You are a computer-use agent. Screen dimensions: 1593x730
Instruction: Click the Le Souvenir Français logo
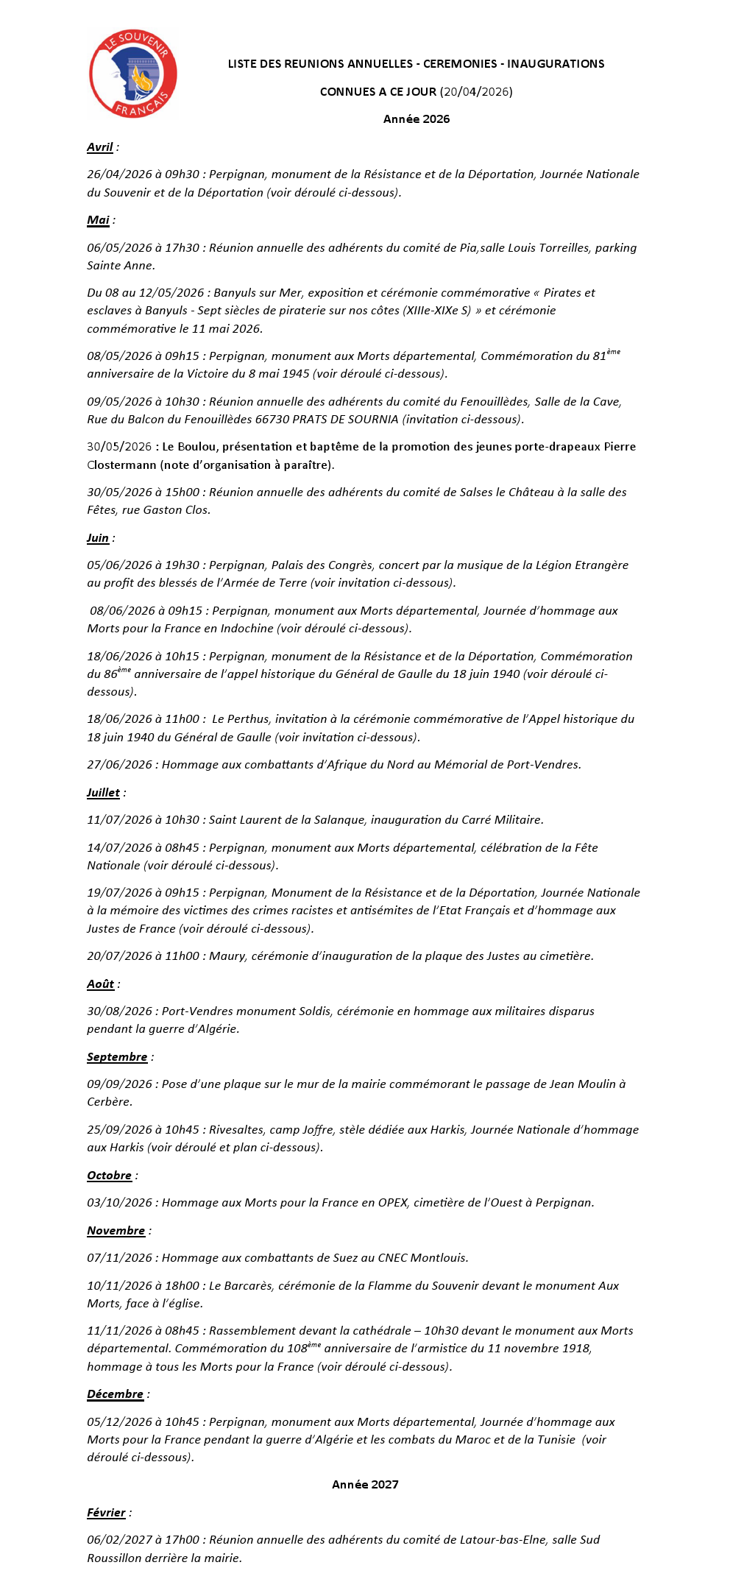(x=132, y=74)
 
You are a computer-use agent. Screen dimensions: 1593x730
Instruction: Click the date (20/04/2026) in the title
(x=476, y=92)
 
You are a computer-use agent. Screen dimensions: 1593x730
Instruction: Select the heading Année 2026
(x=416, y=119)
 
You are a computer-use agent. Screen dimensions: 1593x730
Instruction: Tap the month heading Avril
(x=100, y=147)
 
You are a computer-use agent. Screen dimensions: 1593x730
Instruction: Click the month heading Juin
(x=98, y=538)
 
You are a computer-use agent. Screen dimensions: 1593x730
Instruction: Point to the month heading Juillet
(x=103, y=793)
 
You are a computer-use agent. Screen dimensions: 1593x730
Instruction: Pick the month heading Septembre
(x=117, y=1057)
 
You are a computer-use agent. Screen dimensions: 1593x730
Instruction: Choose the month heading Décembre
(x=115, y=1394)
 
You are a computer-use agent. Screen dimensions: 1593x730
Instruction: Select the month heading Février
(x=106, y=1513)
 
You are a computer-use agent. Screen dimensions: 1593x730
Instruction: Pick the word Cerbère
(x=110, y=1102)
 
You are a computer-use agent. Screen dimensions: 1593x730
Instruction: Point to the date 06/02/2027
(x=119, y=1540)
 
